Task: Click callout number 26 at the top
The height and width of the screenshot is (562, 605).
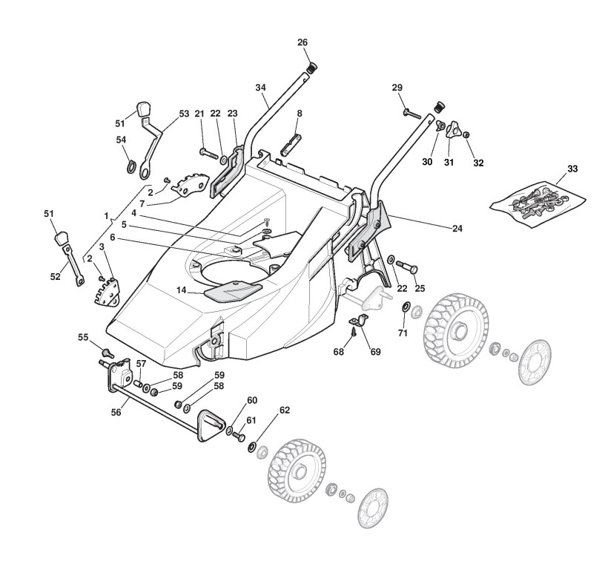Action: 302,42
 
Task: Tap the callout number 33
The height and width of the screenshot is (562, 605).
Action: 572,169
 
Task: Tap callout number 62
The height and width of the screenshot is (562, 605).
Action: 284,409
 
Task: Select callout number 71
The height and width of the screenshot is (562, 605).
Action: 403,333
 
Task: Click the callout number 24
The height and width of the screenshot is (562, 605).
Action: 457,228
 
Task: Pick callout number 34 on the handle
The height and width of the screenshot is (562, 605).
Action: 260,88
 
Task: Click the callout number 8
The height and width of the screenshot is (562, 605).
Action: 300,114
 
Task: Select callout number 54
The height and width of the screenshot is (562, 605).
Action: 121,140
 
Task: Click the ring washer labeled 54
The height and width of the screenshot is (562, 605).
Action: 130,166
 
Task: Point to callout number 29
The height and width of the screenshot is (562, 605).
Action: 397,88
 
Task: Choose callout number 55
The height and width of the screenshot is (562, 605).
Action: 83,337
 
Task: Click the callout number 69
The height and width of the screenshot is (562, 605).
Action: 375,351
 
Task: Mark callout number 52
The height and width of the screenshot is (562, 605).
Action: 56,276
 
